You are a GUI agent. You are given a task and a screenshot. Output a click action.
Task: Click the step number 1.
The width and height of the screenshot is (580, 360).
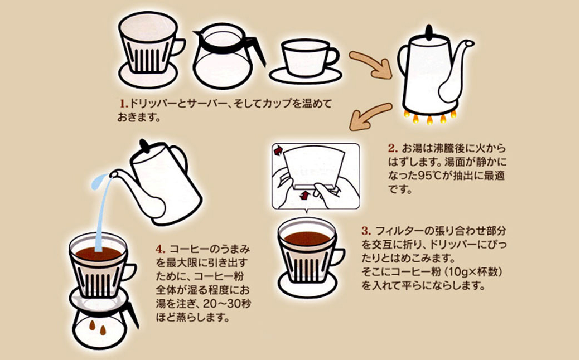(123, 104)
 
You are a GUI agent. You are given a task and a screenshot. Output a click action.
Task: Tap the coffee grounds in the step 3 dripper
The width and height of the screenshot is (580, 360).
(307, 238)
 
